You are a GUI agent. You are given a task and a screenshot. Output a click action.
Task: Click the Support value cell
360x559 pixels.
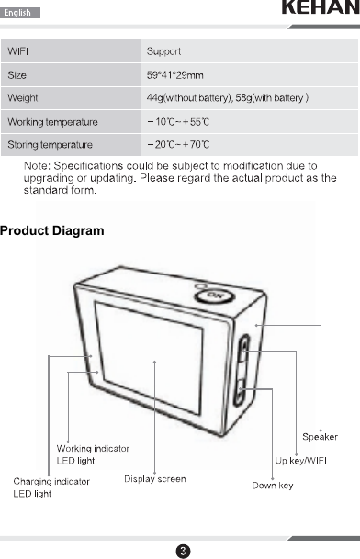163,50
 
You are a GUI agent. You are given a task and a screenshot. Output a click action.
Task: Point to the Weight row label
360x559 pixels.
23,97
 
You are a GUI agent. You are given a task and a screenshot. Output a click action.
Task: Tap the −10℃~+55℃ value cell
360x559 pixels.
179,121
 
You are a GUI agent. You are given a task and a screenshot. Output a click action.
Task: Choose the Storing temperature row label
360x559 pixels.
50,145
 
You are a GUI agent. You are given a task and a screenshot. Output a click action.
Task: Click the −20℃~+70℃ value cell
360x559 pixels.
179,145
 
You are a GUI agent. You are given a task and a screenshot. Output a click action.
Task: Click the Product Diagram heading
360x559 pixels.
52,229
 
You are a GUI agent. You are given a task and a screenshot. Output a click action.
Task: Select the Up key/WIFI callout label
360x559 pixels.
308,460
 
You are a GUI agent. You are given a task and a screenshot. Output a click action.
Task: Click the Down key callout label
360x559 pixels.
273,485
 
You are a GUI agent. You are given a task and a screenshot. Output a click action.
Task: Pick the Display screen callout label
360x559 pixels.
154,478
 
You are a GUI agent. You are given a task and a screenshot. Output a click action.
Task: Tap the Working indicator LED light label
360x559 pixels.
93,453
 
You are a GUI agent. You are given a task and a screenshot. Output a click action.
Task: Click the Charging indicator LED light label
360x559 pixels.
51,487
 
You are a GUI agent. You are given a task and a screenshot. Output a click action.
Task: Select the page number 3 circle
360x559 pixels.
183,550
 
